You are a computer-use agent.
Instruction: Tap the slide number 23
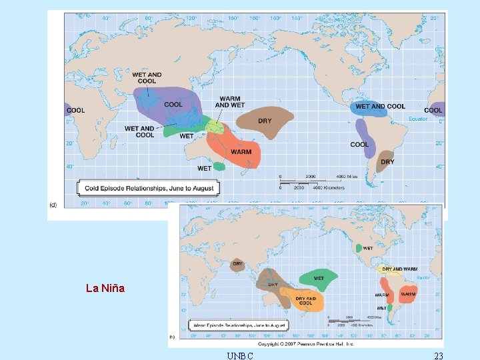click(x=438, y=355)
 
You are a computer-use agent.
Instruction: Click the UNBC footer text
click(x=239, y=355)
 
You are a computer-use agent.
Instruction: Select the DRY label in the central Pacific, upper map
click(x=265, y=121)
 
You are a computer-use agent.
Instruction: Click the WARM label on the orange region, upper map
click(x=241, y=152)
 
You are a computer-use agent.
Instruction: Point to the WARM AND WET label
click(x=230, y=102)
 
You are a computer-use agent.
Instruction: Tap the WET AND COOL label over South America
click(x=380, y=106)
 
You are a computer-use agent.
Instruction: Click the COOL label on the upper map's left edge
click(x=75, y=110)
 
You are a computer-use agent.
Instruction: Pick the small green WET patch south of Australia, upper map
click(x=219, y=167)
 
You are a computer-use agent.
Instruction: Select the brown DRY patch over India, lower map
click(x=238, y=265)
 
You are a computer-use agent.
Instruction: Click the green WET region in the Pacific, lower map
click(x=319, y=279)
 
